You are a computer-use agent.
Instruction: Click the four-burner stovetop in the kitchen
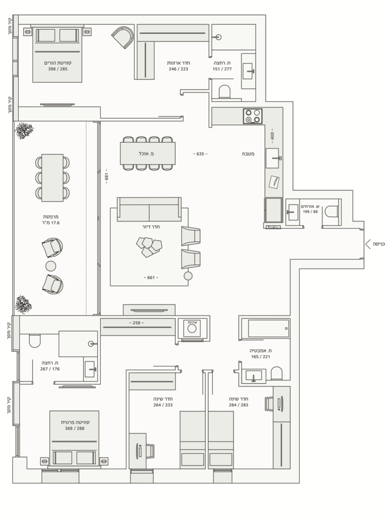pos(253,116)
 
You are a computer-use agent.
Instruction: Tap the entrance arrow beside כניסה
pos(367,244)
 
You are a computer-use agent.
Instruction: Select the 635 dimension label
pos(200,154)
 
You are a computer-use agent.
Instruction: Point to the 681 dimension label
pos(106,176)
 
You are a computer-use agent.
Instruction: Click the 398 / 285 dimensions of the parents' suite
pos(58,69)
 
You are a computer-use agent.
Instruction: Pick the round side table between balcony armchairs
pos(51,266)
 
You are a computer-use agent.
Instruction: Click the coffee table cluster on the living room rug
pos(149,247)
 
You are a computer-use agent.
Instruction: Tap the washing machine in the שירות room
pos(192,328)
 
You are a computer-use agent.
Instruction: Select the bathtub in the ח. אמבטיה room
pos(268,328)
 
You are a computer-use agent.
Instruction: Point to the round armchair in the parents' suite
pos(123,37)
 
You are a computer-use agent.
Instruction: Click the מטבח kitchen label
pos(248,154)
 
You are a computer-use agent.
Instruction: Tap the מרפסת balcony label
pos(51,217)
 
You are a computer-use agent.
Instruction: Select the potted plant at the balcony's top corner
pos(24,131)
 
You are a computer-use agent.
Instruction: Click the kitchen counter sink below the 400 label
pos(272,158)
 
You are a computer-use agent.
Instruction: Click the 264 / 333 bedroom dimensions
pos(163,405)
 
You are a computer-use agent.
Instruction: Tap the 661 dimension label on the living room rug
pos(151,277)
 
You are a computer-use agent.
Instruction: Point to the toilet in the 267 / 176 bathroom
pos(35,341)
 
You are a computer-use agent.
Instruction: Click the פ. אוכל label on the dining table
pos(146,154)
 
